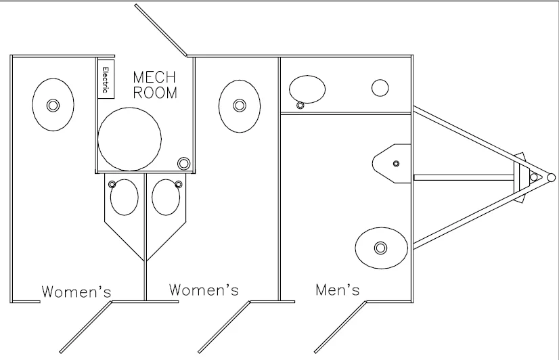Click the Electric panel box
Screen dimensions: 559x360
coord(106,78)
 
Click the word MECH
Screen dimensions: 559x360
coord(154,77)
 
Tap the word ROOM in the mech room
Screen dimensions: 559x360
coord(155,93)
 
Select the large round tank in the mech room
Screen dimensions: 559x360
coord(130,139)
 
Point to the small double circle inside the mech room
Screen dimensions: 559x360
coord(183,164)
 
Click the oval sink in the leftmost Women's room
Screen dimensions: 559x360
coord(53,105)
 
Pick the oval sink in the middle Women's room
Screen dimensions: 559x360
coord(240,106)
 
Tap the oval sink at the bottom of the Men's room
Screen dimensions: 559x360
coord(381,248)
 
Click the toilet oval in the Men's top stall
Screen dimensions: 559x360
coord(307,89)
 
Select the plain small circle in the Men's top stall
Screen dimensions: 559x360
coord(380,88)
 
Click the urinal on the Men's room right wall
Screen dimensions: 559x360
coord(392,164)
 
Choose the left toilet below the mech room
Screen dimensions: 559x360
coord(125,197)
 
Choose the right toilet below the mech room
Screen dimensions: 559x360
coord(166,197)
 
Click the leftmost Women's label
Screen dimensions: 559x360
coord(76,292)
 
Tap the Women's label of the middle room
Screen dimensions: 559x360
coord(204,290)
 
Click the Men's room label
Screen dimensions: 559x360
coord(338,290)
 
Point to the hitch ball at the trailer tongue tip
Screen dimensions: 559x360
coord(551,177)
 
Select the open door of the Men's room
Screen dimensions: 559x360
coord(340,328)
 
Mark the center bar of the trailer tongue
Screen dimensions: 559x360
coord(464,177)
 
